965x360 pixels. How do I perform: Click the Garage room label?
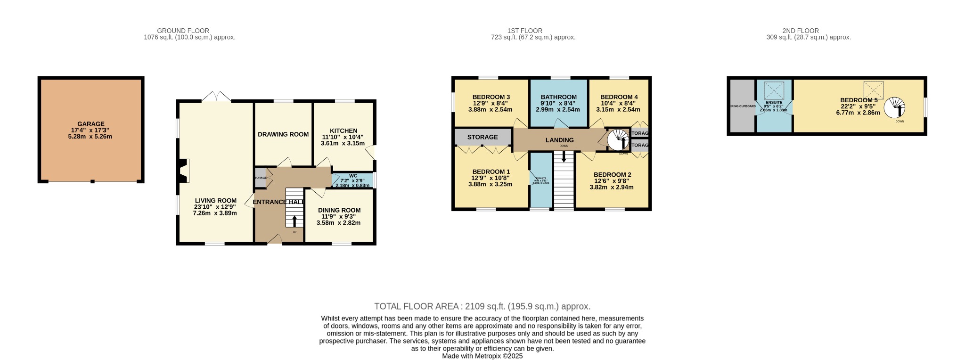point(91,124)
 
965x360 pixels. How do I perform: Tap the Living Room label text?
point(215,200)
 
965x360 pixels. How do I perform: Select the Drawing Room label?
point(283,134)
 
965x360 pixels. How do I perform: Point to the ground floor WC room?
point(352,180)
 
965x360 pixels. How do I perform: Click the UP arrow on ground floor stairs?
point(295,221)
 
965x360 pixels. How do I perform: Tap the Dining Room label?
point(339,210)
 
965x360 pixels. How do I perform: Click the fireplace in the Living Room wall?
point(184,171)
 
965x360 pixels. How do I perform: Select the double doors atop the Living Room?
point(216,97)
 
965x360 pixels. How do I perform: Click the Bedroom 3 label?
point(491,97)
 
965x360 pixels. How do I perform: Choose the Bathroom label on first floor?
point(558,97)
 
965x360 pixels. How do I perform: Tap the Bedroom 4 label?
point(619,97)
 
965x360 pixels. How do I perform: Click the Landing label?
point(559,140)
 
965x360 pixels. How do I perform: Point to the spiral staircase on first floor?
point(618,139)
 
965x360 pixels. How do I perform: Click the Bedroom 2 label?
point(612,174)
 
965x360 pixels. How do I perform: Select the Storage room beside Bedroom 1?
point(482,137)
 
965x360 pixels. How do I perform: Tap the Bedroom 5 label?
point(859,100)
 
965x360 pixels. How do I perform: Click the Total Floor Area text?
point(482,306)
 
